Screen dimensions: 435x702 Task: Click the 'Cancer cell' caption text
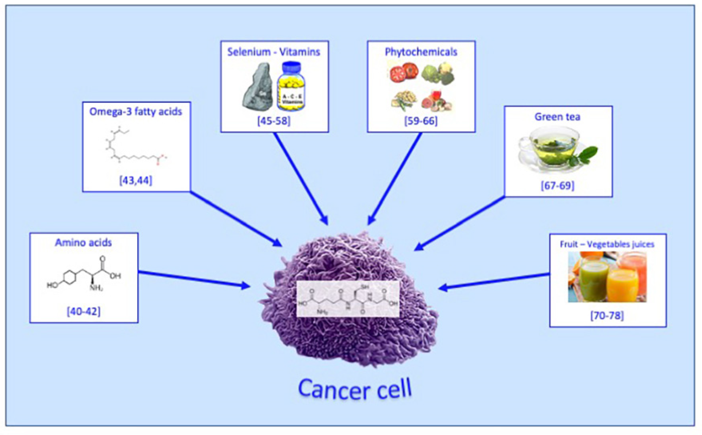point(355,390)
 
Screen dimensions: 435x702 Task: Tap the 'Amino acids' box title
point(83,243)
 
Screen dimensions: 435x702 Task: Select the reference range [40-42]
point(84,312)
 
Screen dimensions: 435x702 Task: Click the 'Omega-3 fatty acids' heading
point(136,112)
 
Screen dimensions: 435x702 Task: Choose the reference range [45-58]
point(274,121)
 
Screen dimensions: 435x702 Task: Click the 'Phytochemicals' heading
point(421,52)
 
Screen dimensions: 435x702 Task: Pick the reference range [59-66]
point(421,121)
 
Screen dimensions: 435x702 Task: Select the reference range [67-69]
point(558,186)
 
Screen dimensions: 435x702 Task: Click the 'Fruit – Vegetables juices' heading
point(607,244)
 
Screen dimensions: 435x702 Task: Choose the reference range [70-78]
point(607,316)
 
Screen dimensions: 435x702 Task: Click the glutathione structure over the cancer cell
point(348,299)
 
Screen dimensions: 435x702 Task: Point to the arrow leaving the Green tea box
point(460,223)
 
